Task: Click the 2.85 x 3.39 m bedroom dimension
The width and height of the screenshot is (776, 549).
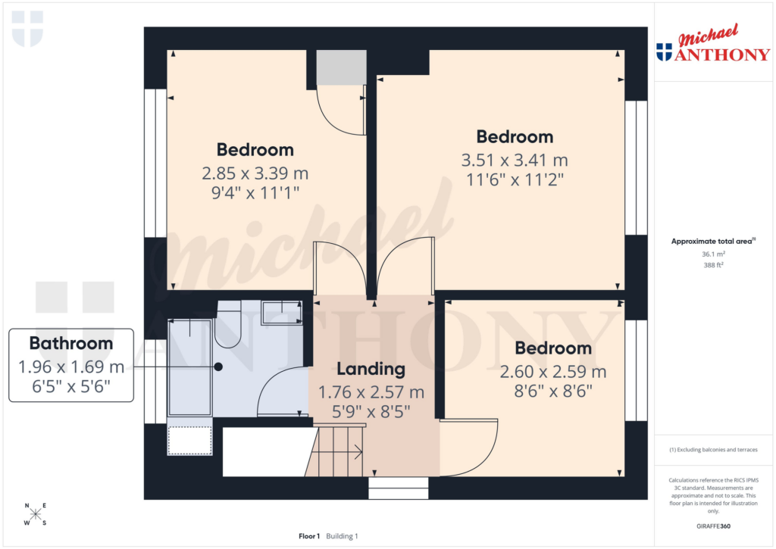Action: [255, 173]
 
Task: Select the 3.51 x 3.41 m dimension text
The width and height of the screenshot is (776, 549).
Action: [515, 160]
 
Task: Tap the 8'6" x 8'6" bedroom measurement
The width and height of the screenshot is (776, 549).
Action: [553, 391]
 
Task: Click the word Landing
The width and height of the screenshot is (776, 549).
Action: [371, 370]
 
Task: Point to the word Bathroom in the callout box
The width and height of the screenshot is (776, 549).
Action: [71, 343]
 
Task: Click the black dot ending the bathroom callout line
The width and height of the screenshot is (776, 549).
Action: [218, 367]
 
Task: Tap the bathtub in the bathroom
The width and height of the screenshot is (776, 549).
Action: [189, 367]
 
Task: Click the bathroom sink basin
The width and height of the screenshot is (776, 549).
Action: [281, 311]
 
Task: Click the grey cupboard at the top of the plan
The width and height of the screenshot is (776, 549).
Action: [341, 68]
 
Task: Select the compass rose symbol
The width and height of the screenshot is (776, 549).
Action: [35, 515]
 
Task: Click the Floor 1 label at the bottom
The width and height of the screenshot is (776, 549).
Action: [309, 536]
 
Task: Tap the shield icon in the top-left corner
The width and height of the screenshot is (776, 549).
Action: [27, 29]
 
